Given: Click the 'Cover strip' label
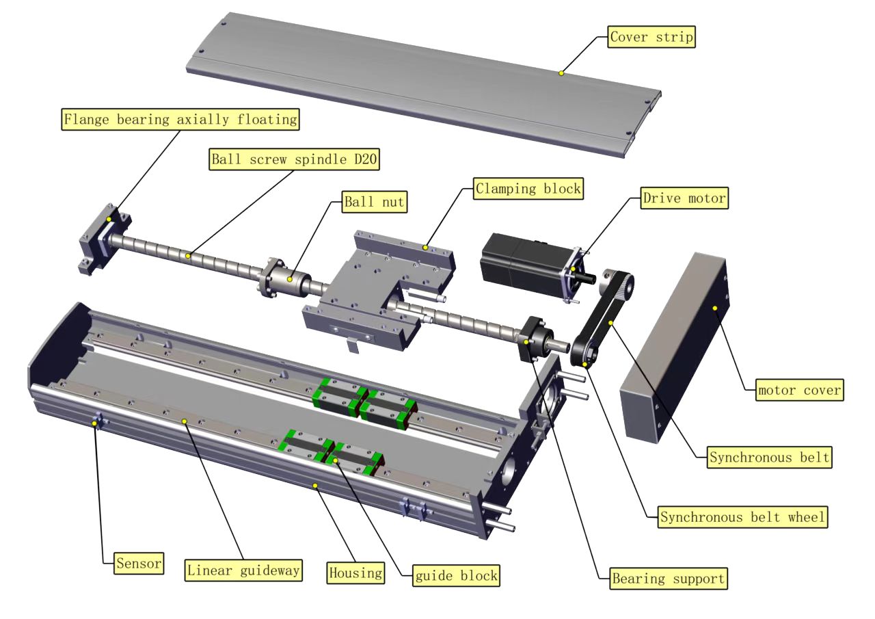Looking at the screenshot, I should coord(651,37).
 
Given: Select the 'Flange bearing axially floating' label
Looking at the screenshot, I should coord(181,120).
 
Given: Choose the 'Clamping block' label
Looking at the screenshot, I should coord(528,189).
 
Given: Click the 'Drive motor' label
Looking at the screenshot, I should coord(684,199).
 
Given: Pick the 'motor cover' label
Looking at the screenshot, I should coord(800,391).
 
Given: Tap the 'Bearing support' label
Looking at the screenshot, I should coord(669,579).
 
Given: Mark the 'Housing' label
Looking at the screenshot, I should coord(355,572).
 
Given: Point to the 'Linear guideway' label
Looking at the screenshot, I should coord(244,570).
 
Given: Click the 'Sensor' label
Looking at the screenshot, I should coord(139,564).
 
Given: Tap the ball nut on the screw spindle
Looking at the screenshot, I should coord(282,279).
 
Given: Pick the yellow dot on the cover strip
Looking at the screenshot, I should coord(561,73).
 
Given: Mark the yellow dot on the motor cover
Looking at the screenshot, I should coord(715,308).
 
